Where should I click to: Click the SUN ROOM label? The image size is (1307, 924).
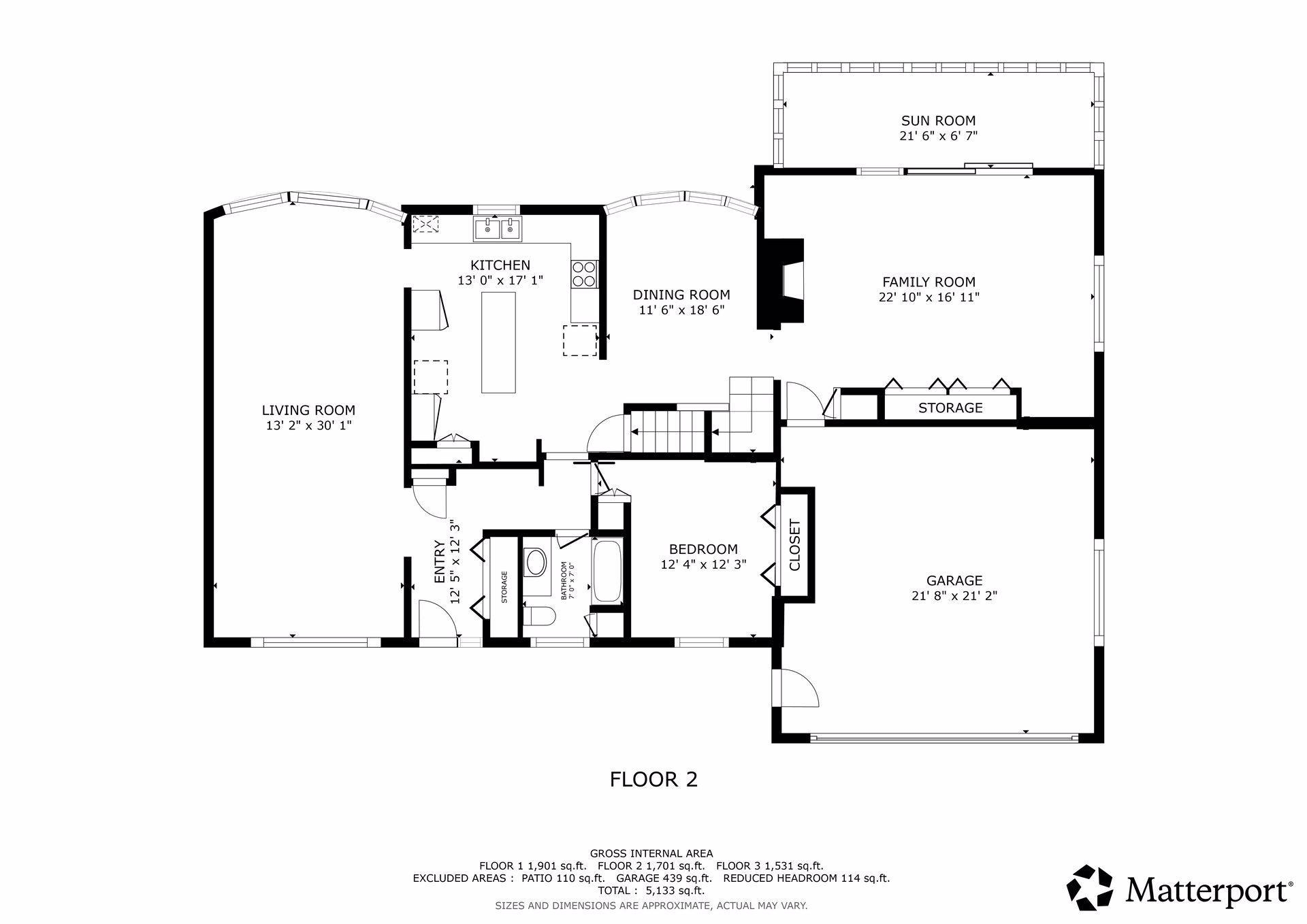tap(938, 121)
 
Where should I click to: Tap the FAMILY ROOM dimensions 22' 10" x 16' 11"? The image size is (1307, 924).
tap(929, 297)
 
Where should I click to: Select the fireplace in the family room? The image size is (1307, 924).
tap(782, 283)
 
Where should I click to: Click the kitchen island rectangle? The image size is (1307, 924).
tap(498, 342)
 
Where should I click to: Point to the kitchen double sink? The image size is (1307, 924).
tap(498, 229)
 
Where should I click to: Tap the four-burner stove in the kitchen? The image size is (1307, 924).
tap(584, 274)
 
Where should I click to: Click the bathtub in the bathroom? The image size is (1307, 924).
tap(607, 570)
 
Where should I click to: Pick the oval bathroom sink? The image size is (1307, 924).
tap(536, 563)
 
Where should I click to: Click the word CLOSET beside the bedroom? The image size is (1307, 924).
tap(794, 545)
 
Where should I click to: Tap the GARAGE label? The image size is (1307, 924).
tap(954, 580)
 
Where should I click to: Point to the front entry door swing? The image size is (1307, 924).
tap(437, 619)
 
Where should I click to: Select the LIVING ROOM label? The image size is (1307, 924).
tap(308, 410)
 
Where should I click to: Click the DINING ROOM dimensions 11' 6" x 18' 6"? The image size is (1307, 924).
tap(681, 310)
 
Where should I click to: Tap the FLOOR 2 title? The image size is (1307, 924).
tap(653, 779)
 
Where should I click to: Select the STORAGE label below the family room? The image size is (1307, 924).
tap(950, 408)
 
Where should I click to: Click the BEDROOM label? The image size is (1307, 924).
tap(703, 549)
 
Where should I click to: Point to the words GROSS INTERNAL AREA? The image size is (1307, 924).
tap(651, 853)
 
